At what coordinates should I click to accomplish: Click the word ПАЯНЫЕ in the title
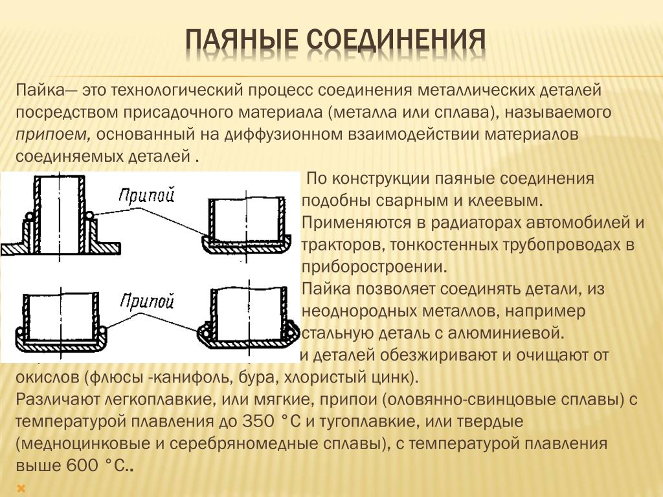[241, 41]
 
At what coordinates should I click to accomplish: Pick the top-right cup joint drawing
[247, 226]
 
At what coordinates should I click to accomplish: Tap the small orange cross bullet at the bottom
[22, 487]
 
